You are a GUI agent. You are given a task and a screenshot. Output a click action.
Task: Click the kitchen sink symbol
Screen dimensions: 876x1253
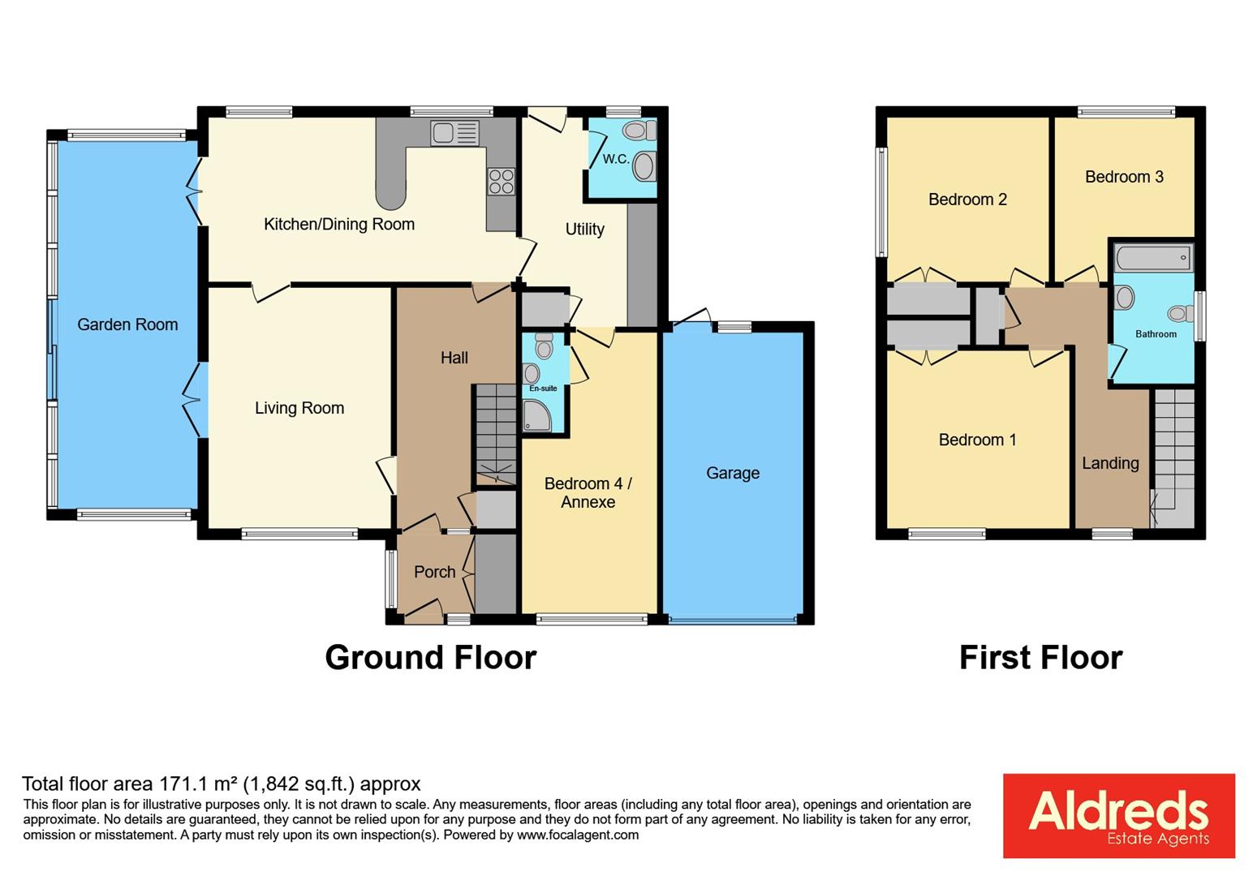[x=455, y=133]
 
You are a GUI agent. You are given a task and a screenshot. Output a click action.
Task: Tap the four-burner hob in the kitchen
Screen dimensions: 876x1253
[x=501, y=181]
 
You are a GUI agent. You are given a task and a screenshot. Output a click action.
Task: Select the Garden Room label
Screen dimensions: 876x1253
[x=127, y=324]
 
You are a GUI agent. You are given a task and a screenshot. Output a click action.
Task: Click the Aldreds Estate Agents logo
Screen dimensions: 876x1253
[x=1118, y=815]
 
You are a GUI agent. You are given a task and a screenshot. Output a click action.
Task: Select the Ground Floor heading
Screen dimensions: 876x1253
[x=430, y=657]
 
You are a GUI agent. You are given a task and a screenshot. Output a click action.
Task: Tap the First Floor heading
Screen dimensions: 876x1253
[x=1040, y=657]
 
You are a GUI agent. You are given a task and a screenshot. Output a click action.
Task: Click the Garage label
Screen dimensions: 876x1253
[x=733, y=473]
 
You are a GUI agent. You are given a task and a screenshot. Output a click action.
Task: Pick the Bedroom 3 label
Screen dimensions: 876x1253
[x=1124, y=177]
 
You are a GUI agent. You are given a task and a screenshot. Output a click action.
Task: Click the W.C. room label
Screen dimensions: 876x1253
[x=616, y=159]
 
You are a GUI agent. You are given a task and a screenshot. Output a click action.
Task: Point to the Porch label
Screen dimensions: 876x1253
[x=434, y=572]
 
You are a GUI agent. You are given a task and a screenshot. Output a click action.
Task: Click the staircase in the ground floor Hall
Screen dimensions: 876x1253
[x=495, y=434]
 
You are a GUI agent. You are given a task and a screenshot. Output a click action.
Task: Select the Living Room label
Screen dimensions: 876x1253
[x=299, y=408]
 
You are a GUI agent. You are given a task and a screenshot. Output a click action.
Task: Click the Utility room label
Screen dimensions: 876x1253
[x=584, y=230]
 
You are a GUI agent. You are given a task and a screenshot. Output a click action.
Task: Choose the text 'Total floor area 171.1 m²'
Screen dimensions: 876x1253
[x=130, y=784]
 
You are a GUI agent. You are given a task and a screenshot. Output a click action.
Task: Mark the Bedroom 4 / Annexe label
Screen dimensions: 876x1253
[x=588, y=492]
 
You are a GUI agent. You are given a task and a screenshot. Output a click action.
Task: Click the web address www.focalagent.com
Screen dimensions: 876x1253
[x=577, y=835]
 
